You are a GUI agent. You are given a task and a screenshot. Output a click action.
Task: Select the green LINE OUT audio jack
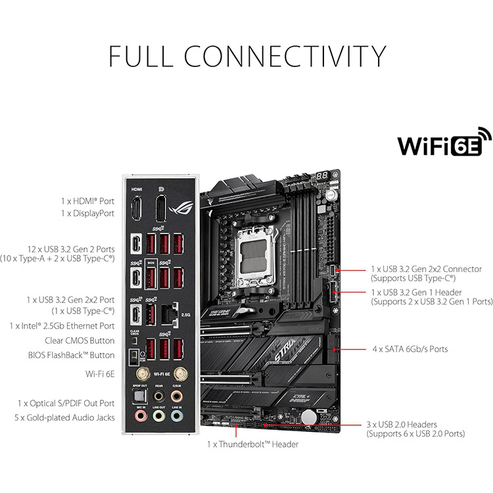point(158,417)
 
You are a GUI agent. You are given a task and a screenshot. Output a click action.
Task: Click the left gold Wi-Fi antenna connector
point(139,374)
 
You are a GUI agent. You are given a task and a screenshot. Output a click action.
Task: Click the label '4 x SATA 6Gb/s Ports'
point(410,349)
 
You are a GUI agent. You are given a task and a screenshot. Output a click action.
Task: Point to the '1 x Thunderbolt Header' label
point(252,444)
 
